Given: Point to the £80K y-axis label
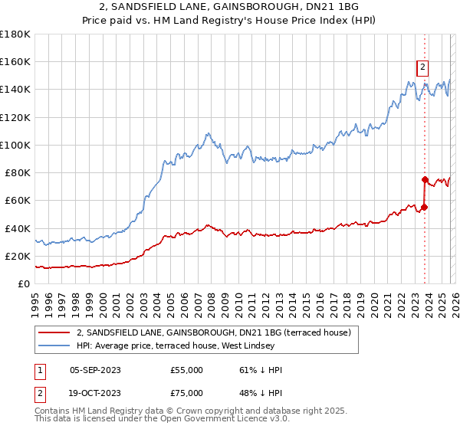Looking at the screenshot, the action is pyautogui.click(x=18, y=173).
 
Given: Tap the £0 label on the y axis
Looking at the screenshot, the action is pyautogui.click(x=24, y=284).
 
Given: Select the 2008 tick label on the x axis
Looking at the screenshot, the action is pyautogui.click(x=212, y=306).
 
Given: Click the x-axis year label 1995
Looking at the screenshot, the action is pyautogui.click(x=35, y=306).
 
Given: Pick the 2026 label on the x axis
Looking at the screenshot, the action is pyautogui.click(x=455, y=306).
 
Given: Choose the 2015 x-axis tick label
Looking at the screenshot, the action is pyautogui.click(x=307, y=306).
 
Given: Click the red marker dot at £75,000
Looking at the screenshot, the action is pyautogui.click(x=425, y=180).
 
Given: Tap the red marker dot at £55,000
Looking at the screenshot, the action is pyautogui.click(x=424, y=208).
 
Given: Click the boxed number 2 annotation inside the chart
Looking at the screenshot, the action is pyautogui.click(x=422, y=68).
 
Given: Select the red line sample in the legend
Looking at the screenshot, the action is pyautogui.click(x=54, y=332).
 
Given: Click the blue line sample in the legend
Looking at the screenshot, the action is pyautogui.click(x=54, y=345).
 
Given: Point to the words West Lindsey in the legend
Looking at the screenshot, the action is pyautogui.click(x=248, y=345).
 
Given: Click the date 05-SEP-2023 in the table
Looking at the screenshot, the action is pyautogui.click(x=95, y=370).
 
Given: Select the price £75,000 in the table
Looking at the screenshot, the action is pyautogui.click(x=186, y=393).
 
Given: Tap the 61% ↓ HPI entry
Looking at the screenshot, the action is pyautogui.click(x=261, y=370).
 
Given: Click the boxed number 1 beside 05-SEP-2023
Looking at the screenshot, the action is pyautogui.click(x=40, y=372).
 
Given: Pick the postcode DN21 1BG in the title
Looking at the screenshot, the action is pyautogui.click(x=332, y=6).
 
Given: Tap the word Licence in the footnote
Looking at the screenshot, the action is pyautogui.click(x=251, y=418).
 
